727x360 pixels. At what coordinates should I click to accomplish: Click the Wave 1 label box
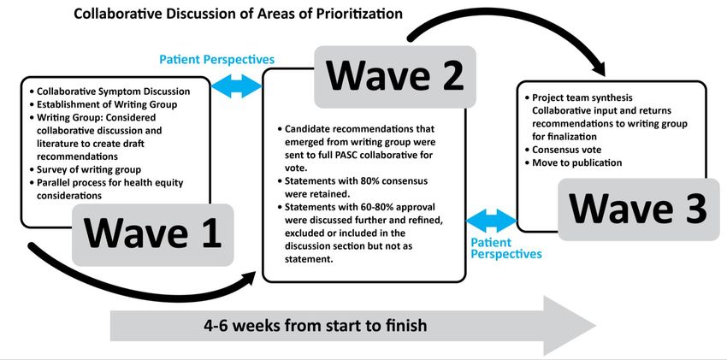[x=152, y=235]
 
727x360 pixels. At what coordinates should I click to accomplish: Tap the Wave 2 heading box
[x=395, y=76]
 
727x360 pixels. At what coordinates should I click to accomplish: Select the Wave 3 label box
[x=638, y=209]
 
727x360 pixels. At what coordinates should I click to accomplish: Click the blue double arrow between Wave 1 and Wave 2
[x=236, y=86]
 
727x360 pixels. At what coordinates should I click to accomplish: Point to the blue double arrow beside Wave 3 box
[x=492, y=221]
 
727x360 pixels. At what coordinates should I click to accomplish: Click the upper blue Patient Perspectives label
[x=217, y=60]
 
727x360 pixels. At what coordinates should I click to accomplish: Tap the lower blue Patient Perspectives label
[x=505, y=248]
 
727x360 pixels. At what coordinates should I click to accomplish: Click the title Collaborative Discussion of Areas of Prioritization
[x=239, y=14]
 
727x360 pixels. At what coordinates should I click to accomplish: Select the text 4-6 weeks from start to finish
[x=316, y=325]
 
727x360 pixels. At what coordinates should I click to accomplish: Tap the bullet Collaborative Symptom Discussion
[x=109, y=91]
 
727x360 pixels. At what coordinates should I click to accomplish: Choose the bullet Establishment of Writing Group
[x=103, y=104]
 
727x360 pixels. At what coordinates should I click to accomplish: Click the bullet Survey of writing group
[x=85, y=169]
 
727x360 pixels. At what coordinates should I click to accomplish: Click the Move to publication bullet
[x=574, y=162]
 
